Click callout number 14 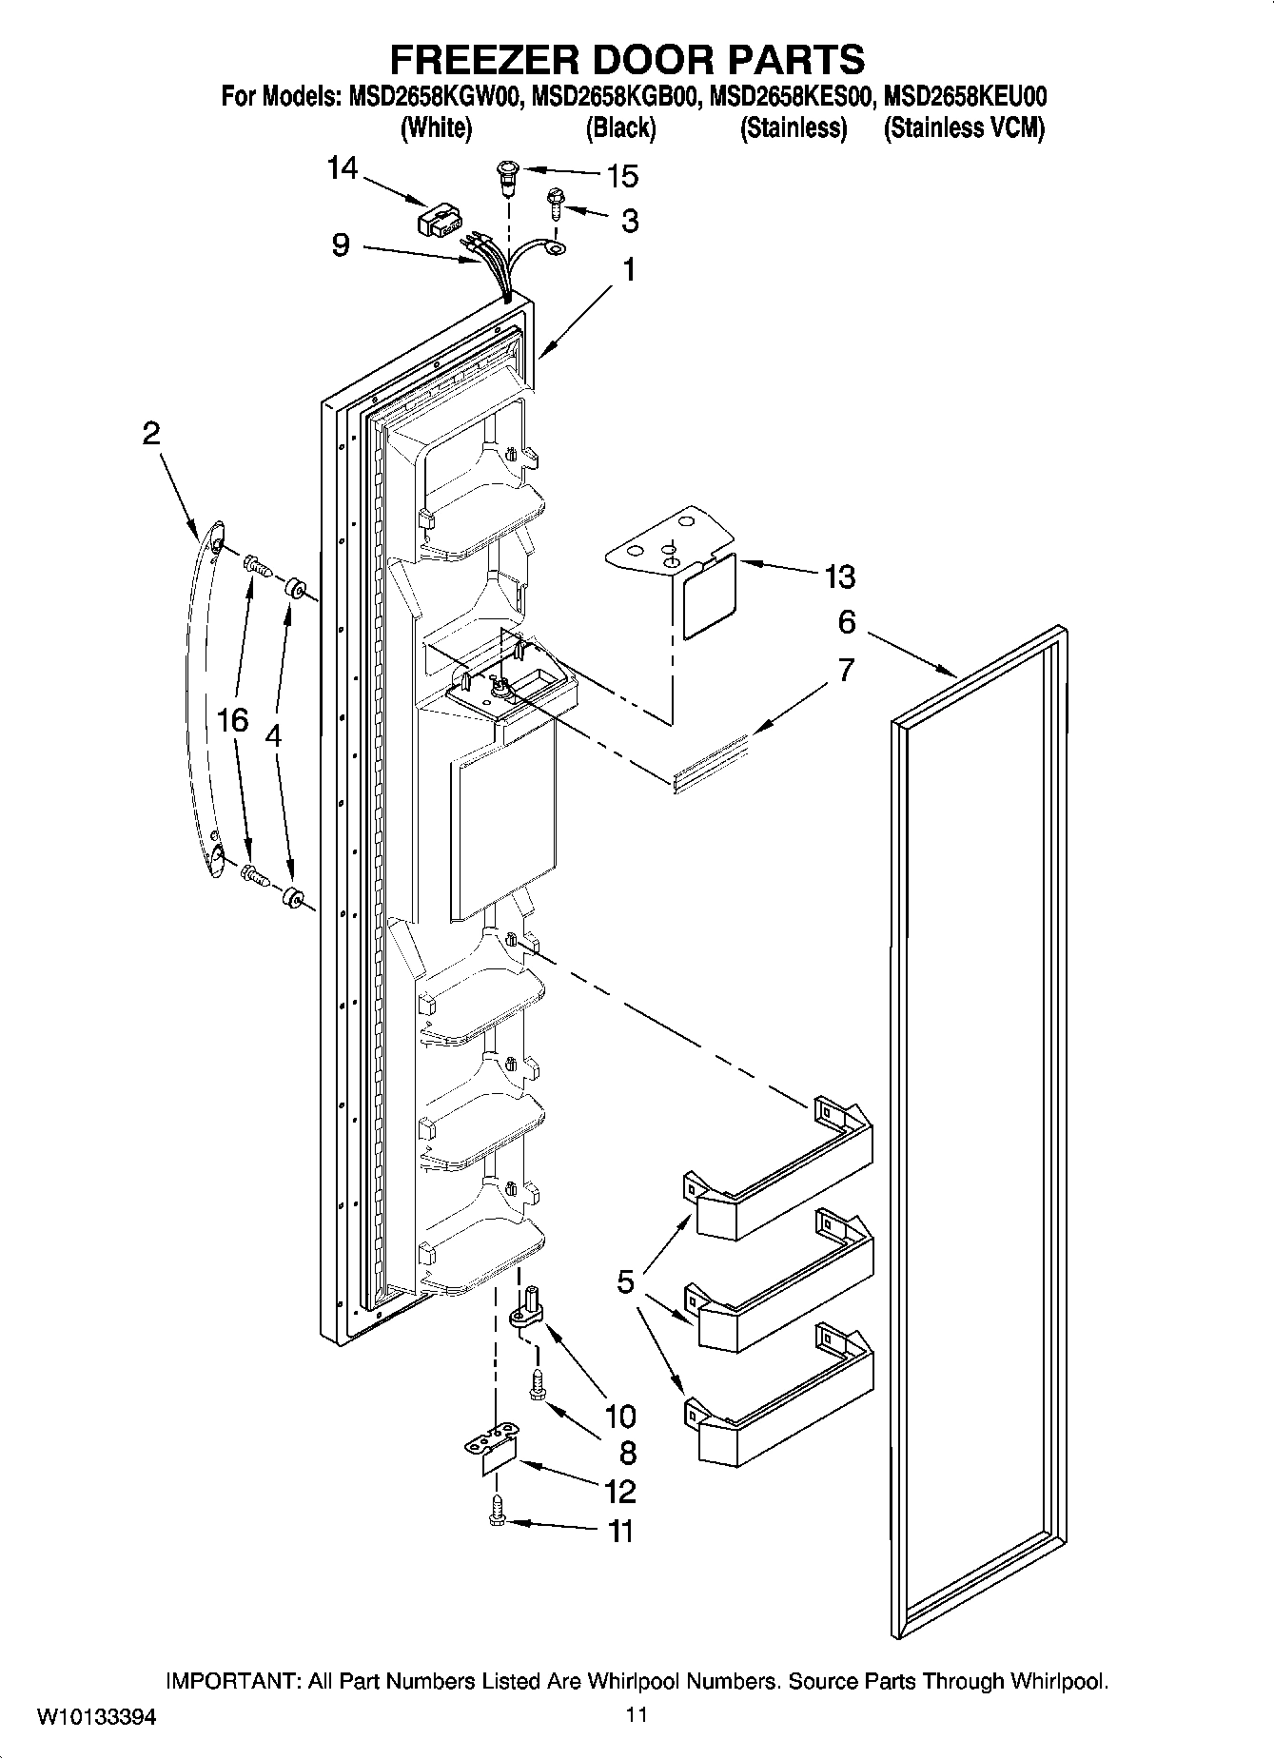pyautogui.click(x=342, y=169)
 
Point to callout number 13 pyautogui.click(x=840, y=577)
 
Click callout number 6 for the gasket pyautogui.click(x=846, y=622)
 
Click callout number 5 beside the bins pyautogui.click(x=625, y=1281)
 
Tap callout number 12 pyautogui.click(x=619, y=1491)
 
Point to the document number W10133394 pyautogui.click(x=97, y=1717)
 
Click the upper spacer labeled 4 pyautogui.click(x=294, y=588)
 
